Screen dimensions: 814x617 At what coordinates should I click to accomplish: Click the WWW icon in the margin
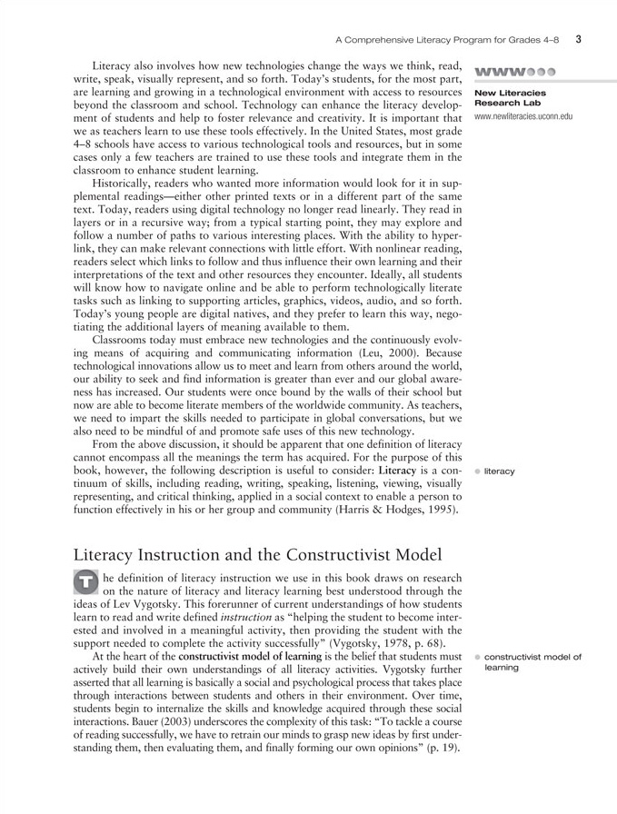pos(513,70)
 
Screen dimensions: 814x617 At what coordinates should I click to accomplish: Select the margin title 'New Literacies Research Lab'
pos(510,97)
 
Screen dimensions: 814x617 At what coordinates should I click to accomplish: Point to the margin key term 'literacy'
pos(500,472)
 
